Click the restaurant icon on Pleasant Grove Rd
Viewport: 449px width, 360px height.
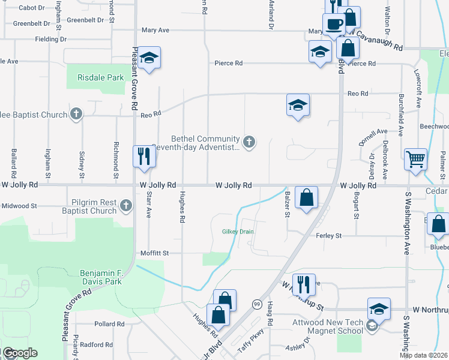(144, 157)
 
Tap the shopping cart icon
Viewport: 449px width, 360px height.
(415, 160)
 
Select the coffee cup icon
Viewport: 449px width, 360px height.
(334, 25)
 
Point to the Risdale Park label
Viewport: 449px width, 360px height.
(100, 77)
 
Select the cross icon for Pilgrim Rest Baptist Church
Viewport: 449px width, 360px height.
(125, 206)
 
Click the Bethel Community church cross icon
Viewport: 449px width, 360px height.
(249, 142)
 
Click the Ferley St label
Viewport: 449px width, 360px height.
(328, 236)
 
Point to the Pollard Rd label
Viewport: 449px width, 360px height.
(109, 324)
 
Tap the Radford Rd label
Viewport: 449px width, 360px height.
(96, 345)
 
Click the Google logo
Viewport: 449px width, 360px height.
(19, 353)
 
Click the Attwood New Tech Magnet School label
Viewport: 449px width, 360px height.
(335, 326)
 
